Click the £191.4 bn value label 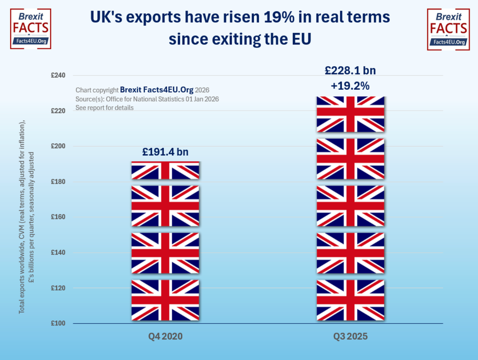pyautogui.click(x=165, y=152)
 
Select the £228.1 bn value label pyautogui.click(x=350, y=70)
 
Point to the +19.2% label pyautogui.click(x=350, y=86)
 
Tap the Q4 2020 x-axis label pyautogui.click(x=165, y=337)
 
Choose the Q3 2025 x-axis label pyautogui.click(x=350, y=337)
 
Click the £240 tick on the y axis pyautogui.click(x=59, y=76)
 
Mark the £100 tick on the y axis pyautogui.click(x=59, y=323)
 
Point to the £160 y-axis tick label pyautogui.click(x=59, y=217)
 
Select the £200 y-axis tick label pyautogui.click(x=59, y=146)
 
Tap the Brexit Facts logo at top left pyautogui.click(x=30, y=28)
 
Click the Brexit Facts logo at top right pyautogui.click(x=447, y=28)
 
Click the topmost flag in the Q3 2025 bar pyautogui.click(x=350, y=114)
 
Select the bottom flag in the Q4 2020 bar pyautogui.click(x=165, y=300)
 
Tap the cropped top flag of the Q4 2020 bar pyautogui.click(x=165, y=170)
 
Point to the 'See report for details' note pyautogui.click(x=104, y=108)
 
